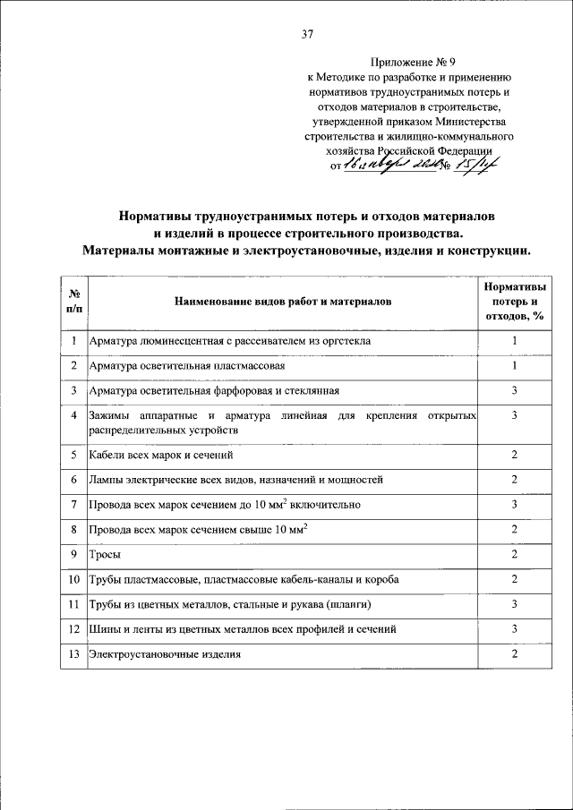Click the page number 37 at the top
308,35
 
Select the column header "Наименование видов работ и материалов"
283,303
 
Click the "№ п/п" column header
74,303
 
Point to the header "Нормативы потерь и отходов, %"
515,302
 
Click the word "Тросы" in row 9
105,555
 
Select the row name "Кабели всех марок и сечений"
155,455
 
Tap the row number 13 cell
74,655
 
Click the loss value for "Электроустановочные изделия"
515,655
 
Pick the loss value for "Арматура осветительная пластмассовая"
515,366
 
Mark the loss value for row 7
515,505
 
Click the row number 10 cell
74,580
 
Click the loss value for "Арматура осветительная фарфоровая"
515,391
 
